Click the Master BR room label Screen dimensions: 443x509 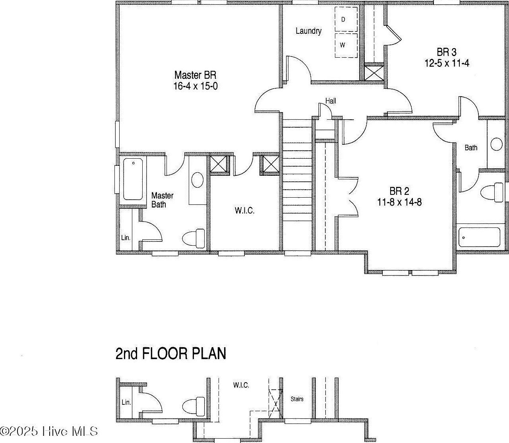(195, 75)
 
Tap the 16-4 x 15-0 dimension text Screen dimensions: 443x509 (195, 86)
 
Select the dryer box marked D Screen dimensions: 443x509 (345, 19)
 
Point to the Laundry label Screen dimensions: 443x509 (308, 31)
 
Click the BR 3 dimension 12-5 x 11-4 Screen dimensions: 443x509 (447, 63)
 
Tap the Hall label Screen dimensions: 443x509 (331, 101)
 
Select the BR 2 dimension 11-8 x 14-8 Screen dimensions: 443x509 (399, 202)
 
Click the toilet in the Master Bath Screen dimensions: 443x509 (194, 239)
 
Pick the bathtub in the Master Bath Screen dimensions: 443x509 (133, 179)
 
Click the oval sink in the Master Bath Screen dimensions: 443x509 (197, 180)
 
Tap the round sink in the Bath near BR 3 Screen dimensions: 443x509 (496, 144)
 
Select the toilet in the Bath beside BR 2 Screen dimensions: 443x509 (492, 193)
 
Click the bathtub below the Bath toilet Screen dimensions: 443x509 (479, 237)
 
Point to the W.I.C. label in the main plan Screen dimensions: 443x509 (244, 210)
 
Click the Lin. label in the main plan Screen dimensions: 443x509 (126, 238)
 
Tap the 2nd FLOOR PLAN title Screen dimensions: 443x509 (171, 353)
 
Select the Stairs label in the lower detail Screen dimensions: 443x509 (297, 399)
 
